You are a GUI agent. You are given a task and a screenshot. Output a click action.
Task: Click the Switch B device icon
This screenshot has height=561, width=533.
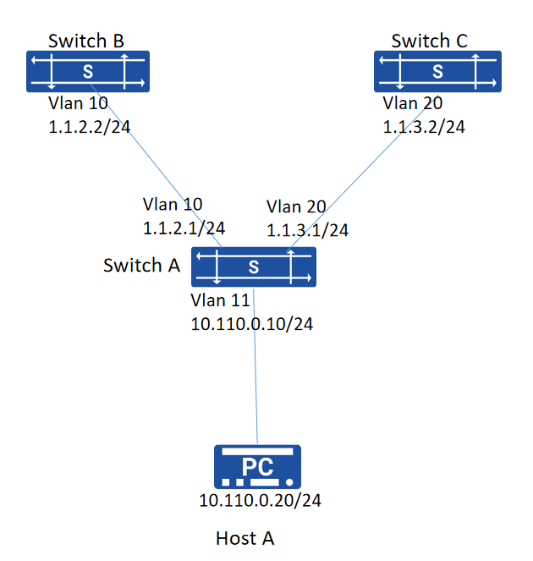pos(88,72)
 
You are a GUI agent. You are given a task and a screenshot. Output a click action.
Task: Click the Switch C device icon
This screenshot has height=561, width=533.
pos(437,72)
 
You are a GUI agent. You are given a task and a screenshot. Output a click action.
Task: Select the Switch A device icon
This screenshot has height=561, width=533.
pos(254,267)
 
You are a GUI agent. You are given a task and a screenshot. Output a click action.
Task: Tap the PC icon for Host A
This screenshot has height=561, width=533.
pos(257,467)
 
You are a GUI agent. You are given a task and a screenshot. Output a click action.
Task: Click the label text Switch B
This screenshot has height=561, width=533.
pos(86,41)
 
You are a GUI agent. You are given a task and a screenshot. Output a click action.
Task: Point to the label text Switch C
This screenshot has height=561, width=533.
pos(429,41)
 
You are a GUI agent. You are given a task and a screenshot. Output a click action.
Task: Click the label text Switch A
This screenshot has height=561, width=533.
pos(141,266)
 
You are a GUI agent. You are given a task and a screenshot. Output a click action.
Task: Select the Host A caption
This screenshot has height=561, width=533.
pos(245,538)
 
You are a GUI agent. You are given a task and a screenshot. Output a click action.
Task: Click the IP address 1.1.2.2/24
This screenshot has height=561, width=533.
pos(90,127)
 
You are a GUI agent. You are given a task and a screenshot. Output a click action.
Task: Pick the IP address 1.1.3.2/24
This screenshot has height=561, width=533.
pos(424,127)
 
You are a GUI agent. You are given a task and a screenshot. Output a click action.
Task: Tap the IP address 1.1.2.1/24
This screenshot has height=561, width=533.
pos(184,228)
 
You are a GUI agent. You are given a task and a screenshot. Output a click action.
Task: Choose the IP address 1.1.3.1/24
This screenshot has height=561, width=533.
pos(308,230)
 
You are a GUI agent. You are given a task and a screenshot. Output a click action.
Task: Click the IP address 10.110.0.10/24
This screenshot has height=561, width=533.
pos(252,324)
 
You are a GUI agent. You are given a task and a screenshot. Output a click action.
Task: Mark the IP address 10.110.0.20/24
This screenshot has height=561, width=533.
pos(260,500)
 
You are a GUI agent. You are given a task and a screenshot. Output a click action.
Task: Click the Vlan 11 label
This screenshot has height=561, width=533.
pos(220,300)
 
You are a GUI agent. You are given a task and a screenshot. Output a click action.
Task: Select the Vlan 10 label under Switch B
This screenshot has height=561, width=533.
pos(78,103)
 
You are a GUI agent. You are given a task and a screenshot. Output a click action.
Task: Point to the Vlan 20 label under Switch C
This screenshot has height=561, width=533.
pos(413,103)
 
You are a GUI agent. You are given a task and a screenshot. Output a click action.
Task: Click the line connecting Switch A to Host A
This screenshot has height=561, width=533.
pos(256,366)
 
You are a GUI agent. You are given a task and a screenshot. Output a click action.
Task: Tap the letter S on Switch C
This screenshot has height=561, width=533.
pos(438,72)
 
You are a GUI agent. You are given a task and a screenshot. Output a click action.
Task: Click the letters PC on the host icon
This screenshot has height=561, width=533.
pos(257,466)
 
